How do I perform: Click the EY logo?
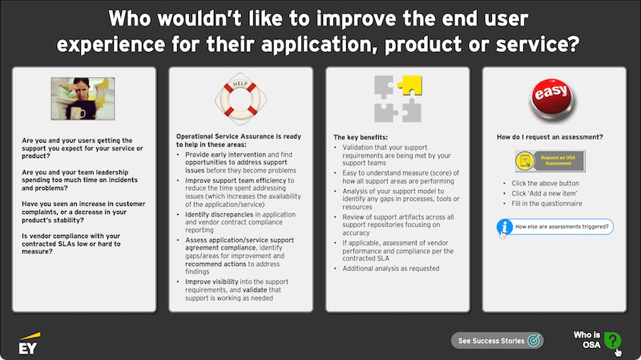pyautogui.click(x=30, y=343)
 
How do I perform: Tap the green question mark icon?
pyautogui.click(x=612, y=340)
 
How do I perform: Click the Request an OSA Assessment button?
pyautogui.click(x=550, y=160)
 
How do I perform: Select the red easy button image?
pyautogui.click(x=552, y=99)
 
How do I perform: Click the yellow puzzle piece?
pyautogui.click(x=410, y=85)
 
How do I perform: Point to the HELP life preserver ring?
pyautogui.click(x=241, y=99)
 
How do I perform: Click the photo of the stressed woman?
pyautogui.click(x=83, y=99)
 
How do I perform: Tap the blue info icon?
pyautogui.click(x=505, y=227)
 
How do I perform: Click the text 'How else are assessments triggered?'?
pyautogui.click(x=562, y=227)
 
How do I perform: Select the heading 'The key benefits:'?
pyautogui.click(x=361, y=137)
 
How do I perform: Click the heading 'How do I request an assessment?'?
pyautogui.click(x=550, y=137)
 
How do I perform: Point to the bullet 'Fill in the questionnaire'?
pyautogui.click(x=546, y=204)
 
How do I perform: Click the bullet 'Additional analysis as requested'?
pyautogui.click(x=391, y=269)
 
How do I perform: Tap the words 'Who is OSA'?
pyautogui.click(x=587, y=340)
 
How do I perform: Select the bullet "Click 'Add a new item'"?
pyautogui.click(x=544, y=193)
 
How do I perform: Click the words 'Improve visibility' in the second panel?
pyautogui.click(x=212, y=282)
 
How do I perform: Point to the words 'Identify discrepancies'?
pyautogui.click(x=219, y=214)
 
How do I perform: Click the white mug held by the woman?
pyautogui.click(x=78, y=112)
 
